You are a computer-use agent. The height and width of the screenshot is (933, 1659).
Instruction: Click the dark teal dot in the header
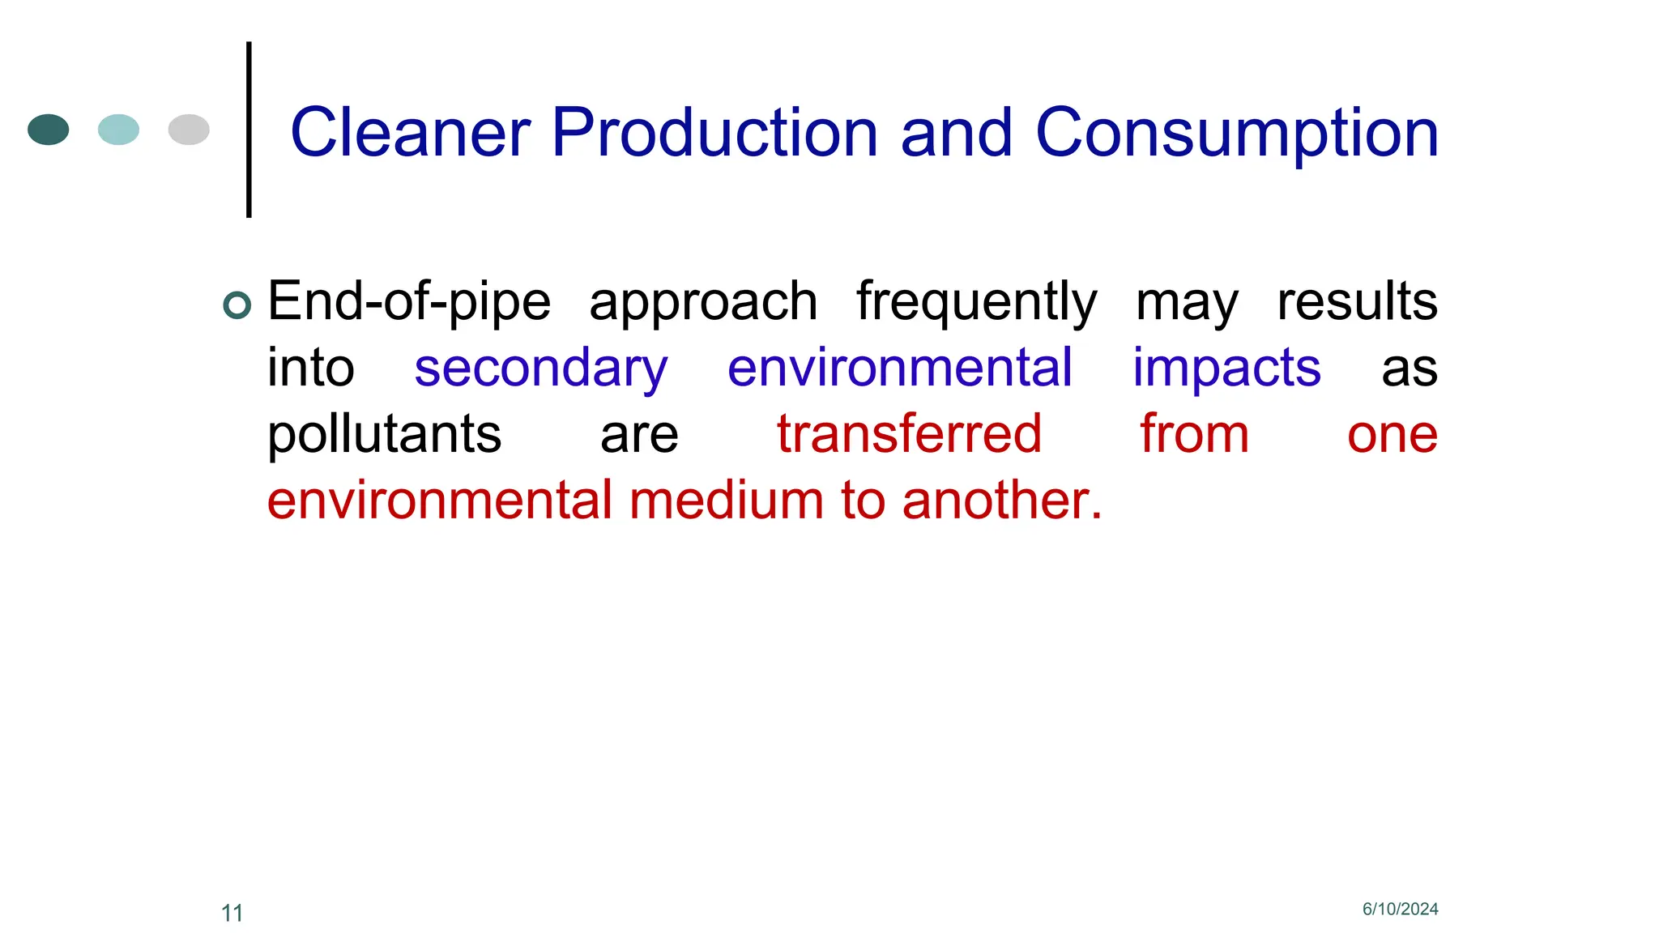point(49,130)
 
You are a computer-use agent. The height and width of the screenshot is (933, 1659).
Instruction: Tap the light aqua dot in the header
point(118,130)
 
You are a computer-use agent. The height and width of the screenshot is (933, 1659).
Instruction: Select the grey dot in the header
point(189,130)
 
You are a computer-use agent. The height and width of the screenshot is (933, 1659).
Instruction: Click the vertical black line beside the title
point(249,130)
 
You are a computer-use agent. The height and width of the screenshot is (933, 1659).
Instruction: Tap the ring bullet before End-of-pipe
point(237,305)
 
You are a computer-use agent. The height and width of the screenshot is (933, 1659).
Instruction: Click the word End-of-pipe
point(409,302)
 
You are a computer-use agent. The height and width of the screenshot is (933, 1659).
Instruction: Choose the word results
point(1357,301)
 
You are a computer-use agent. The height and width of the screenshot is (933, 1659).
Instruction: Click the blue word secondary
point(541,369)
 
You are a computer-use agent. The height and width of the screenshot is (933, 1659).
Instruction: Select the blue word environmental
point(900,368)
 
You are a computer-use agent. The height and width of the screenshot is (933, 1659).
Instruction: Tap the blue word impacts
point(1226,369)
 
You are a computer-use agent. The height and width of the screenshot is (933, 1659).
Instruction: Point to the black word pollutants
point(385,436)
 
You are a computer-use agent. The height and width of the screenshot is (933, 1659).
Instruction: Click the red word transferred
point(909,434)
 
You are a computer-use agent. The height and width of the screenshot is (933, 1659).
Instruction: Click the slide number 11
point(232,914)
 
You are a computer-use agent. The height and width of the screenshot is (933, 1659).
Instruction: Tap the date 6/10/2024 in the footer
point(1400,910)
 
